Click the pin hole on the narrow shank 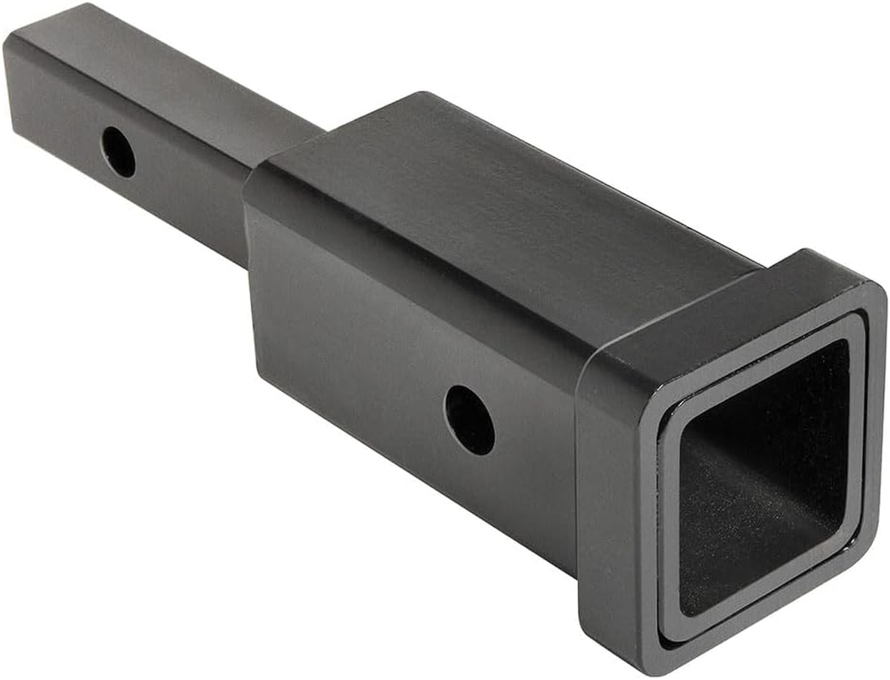coord(118,152)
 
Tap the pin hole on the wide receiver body coord(469,419)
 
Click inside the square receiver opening coord(765,476)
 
